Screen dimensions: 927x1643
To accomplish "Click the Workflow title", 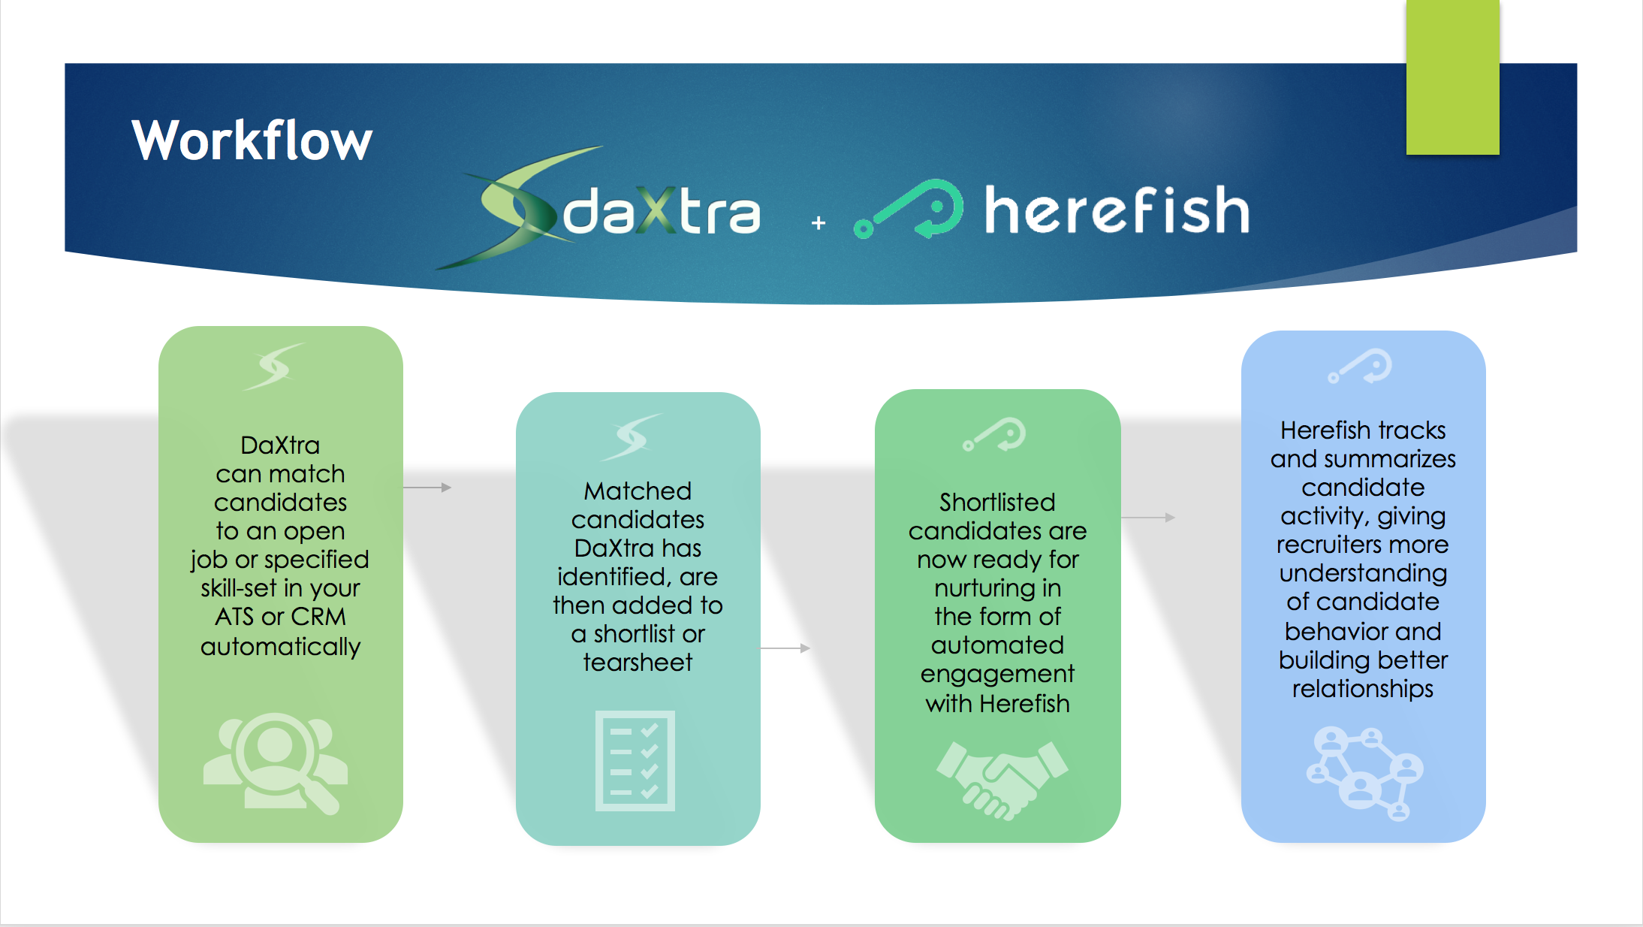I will tap(252, 140).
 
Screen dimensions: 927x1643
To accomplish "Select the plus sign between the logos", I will tap(818, 223).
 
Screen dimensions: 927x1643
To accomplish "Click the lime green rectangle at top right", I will tap(1452, 77).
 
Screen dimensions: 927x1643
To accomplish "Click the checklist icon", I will tap(635, 760).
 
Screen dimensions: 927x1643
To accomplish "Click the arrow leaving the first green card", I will tap(428, 488).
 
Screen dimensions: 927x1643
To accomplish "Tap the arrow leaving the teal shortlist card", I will tap(785, 648).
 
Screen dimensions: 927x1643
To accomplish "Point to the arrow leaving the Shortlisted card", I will tap(1148, 518).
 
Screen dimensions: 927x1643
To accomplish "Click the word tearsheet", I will tap(638, 662).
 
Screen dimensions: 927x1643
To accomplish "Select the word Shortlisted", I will tap(997, 502).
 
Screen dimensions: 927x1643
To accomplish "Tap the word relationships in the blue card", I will tap(1362, 688).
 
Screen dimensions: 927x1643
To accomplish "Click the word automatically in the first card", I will tap(280, 646).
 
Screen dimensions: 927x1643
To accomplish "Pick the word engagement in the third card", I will tap(997, 674).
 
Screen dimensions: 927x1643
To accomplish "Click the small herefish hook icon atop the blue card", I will tap(1361, 367).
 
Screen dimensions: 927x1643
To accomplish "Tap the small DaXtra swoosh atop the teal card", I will tap(632, 436).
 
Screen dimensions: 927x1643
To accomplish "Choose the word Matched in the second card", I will tap(638, 491).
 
